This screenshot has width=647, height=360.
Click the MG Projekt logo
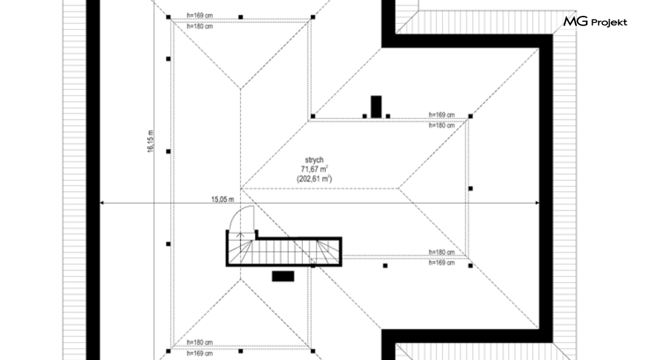point(595,21)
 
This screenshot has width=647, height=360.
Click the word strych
point(314,160)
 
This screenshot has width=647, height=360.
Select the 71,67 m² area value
point(314,169)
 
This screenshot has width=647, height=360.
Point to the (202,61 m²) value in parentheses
point(314,179)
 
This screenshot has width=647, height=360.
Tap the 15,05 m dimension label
point(223,200)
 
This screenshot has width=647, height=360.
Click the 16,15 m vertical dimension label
point(150,142)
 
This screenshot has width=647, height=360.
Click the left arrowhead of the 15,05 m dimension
point(102,203)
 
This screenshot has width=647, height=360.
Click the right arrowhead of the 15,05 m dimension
point(537,203)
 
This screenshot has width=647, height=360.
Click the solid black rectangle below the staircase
point(283,276)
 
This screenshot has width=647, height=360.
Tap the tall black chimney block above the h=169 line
point(376,107)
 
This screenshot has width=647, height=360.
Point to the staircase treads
point(284,252)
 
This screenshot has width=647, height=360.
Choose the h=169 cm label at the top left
point(200,16)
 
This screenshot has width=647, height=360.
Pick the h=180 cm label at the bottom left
point(200,342)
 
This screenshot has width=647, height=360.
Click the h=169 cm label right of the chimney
point(441,115)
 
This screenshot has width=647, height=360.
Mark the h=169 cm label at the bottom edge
point(200,353)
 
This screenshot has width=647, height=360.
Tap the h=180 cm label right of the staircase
point(441,252)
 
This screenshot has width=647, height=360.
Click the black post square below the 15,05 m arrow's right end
point(471,265)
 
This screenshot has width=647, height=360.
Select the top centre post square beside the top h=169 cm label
point(240,17)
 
